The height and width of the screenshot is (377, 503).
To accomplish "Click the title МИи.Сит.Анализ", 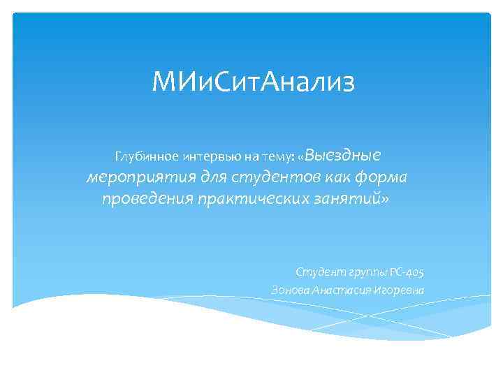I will [x=254, y=83].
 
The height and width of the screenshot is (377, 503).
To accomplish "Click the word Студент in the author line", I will [x=317, y=272].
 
